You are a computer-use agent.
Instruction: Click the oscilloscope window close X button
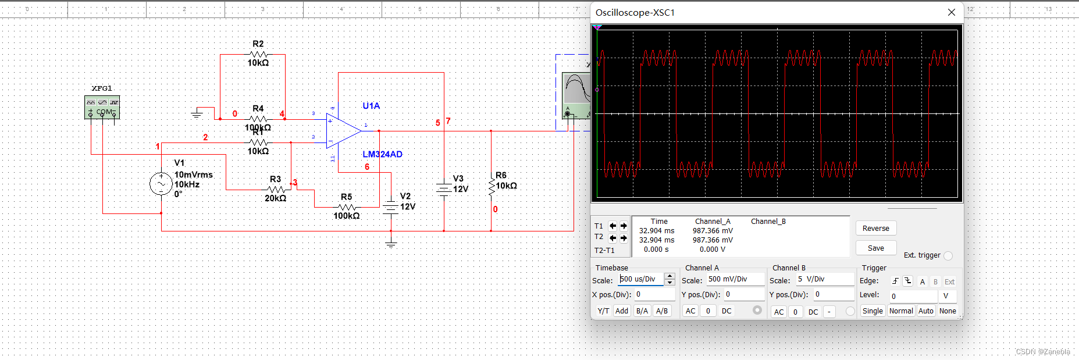[x=951, y=12]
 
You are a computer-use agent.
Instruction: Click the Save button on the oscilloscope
[x=875, y=248]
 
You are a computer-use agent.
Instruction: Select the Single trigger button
[x=872, y=311]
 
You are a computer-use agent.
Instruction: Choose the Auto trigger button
[x=925, y=311]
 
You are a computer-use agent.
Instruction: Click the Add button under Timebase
[x=622, y=311]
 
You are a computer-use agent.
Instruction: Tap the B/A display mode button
[x=642, y=311]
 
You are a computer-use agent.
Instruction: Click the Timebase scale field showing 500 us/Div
[x=640, y=279]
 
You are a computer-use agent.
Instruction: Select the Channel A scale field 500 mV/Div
[x=735, y=279]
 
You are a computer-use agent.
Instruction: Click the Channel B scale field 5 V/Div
[x=824, y=279]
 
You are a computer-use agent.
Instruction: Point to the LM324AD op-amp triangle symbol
[x=343, y=131]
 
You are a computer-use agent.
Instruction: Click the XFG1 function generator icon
[x=102, y=107]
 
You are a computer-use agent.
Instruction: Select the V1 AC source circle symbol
[x=161, y=184]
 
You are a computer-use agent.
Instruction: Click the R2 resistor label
[x=258, y=44]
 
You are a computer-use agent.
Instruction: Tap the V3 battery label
[x=458, y=179]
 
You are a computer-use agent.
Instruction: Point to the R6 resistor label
[x=501, y=175]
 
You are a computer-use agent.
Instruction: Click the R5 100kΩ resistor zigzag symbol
[x=347, y=207]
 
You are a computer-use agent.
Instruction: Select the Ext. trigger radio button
[x=948, y=256]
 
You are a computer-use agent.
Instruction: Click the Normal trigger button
[x=901, y=311]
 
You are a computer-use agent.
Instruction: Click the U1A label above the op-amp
[x=371, y=106]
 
